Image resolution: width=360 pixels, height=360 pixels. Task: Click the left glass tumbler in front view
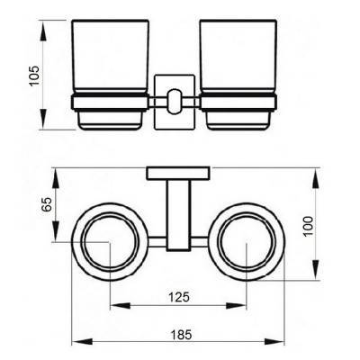tap(108, 54)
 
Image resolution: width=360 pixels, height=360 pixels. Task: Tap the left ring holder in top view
tap(109, 241)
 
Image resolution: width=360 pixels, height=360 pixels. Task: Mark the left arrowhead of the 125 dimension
tap(112, 307)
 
